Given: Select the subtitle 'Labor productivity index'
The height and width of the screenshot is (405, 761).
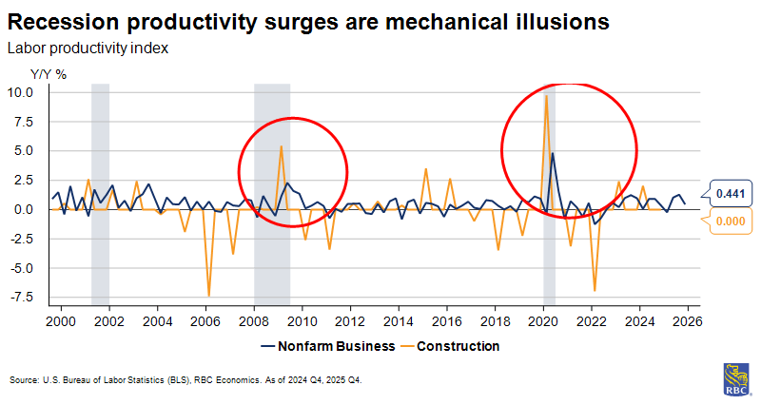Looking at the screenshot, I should [88, 48].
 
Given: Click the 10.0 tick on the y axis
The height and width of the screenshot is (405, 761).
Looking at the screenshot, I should [20, 92].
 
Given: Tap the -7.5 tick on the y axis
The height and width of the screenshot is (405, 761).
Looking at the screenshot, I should [20, 297].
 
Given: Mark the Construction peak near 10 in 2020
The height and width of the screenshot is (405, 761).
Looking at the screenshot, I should [546, 95].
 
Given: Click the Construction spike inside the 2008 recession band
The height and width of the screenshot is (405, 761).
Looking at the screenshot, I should [281, 145].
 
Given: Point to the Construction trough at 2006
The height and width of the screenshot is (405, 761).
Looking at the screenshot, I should [209, 296].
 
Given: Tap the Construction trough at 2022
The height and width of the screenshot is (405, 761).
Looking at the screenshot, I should [595, 290].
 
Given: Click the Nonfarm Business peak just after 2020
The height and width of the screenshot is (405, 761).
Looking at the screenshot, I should [553, 153].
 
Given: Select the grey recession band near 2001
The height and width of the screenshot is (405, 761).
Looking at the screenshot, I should [100, 190].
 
